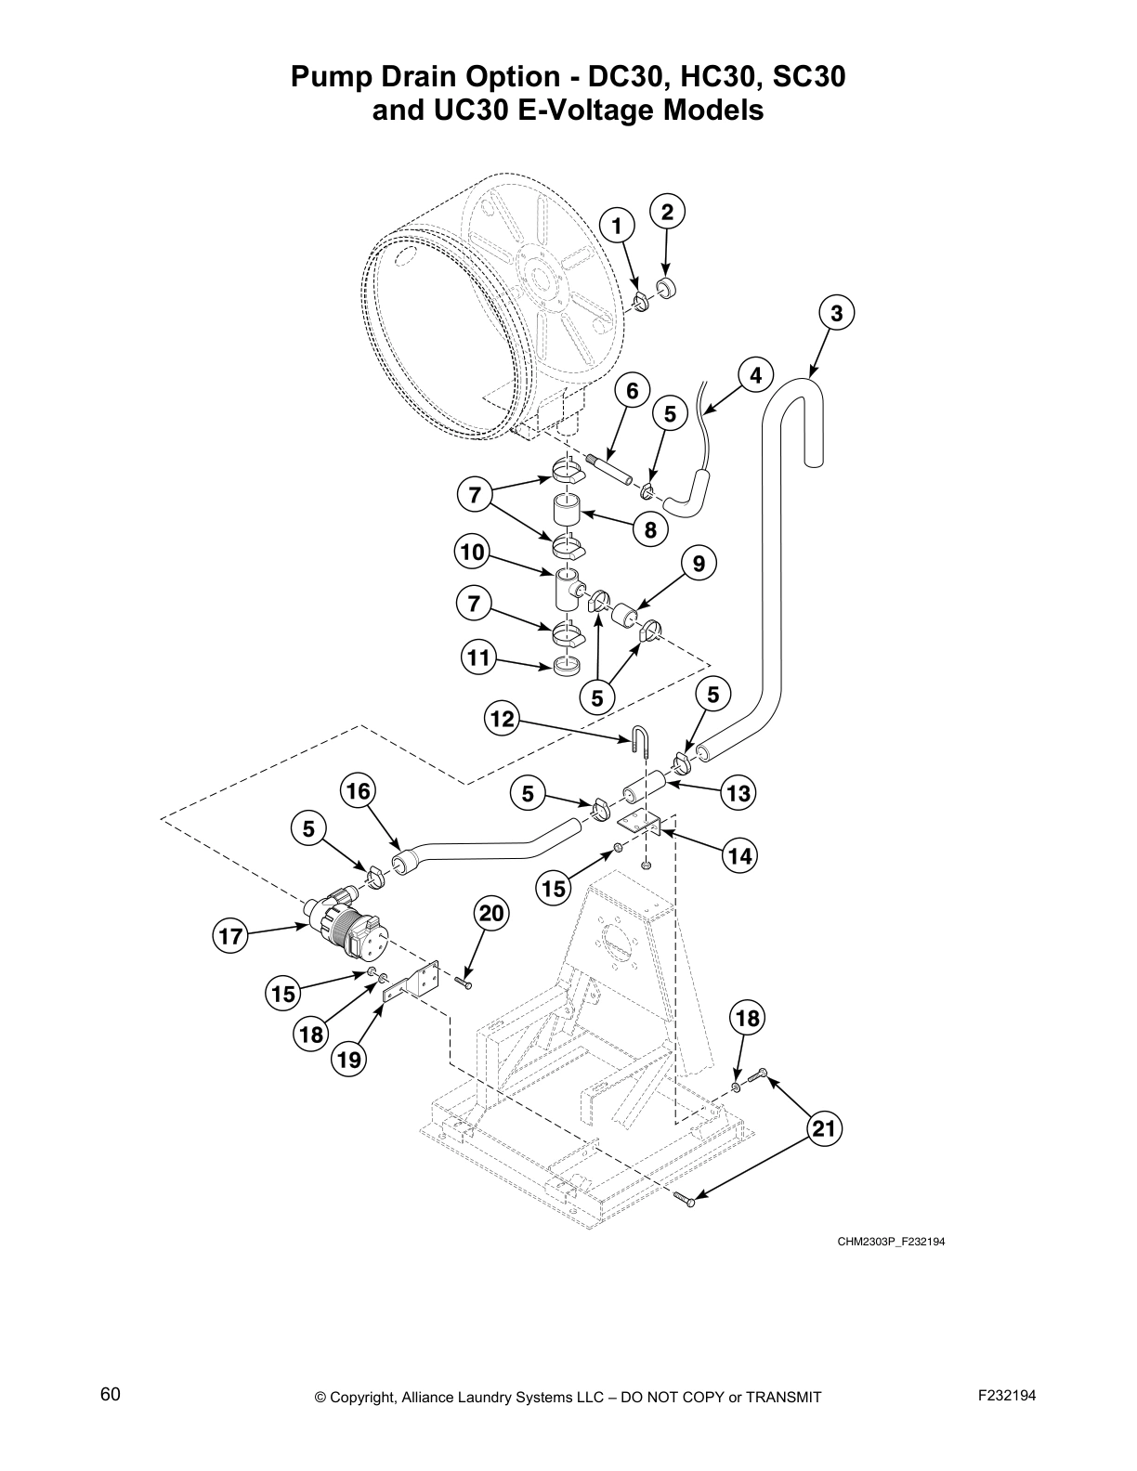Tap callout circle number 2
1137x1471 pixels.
tap(666, 212)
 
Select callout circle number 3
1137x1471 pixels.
tap(836, 314)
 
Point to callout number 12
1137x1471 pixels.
tap(502, 718)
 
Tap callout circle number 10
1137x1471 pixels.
tap(473, 553)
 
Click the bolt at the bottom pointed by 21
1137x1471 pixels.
tap(685, 1200)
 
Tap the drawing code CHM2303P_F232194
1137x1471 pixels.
tap(891, 1241)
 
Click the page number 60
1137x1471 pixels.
tap(111, 1395)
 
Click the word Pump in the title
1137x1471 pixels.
tap(329, 77)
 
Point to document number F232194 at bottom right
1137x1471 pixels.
tap(1007, 1395)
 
